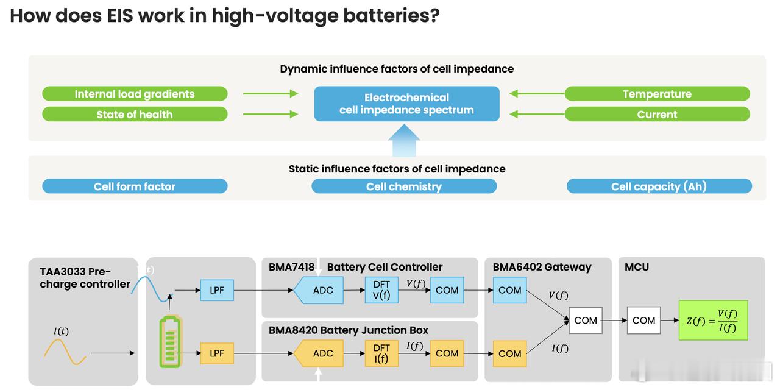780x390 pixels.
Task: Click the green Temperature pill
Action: pyautogui.click(x=657, y=94)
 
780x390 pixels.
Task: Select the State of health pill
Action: pyautogui.click(x=135, y=114)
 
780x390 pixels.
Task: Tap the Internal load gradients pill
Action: pyautogui.click(x=135, y=94)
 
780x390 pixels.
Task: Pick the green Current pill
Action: pyautogui.click(x=657, y=114)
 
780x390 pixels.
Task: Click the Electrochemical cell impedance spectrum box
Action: pyautogui.click(x=406, y=104)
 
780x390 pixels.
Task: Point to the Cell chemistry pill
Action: pyautogui.click(x=404, y=186)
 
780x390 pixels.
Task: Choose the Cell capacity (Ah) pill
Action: pyautogui.click(x=659, y=186)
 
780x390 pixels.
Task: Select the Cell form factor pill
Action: pyautogui.click(x=135, y=186)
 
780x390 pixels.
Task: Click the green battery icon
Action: pyautogui.click(x=170, y=342)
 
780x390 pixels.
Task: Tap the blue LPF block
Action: pyautogui.click(x=217, y=291)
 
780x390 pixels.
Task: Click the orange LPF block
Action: pyautogui.click(x=217, y=353)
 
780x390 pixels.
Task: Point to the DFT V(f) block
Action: pyautogui.click(x=381, y=291)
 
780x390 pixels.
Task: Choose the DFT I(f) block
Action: pyautogui.click(x=381, y=353)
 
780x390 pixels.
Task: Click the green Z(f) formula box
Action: pyautogui.click(x=712, y=320)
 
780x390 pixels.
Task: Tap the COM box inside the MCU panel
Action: pyautogui.click(x=643, y=320)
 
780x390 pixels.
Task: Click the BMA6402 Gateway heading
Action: pyautogui.click(x=542, y=267)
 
